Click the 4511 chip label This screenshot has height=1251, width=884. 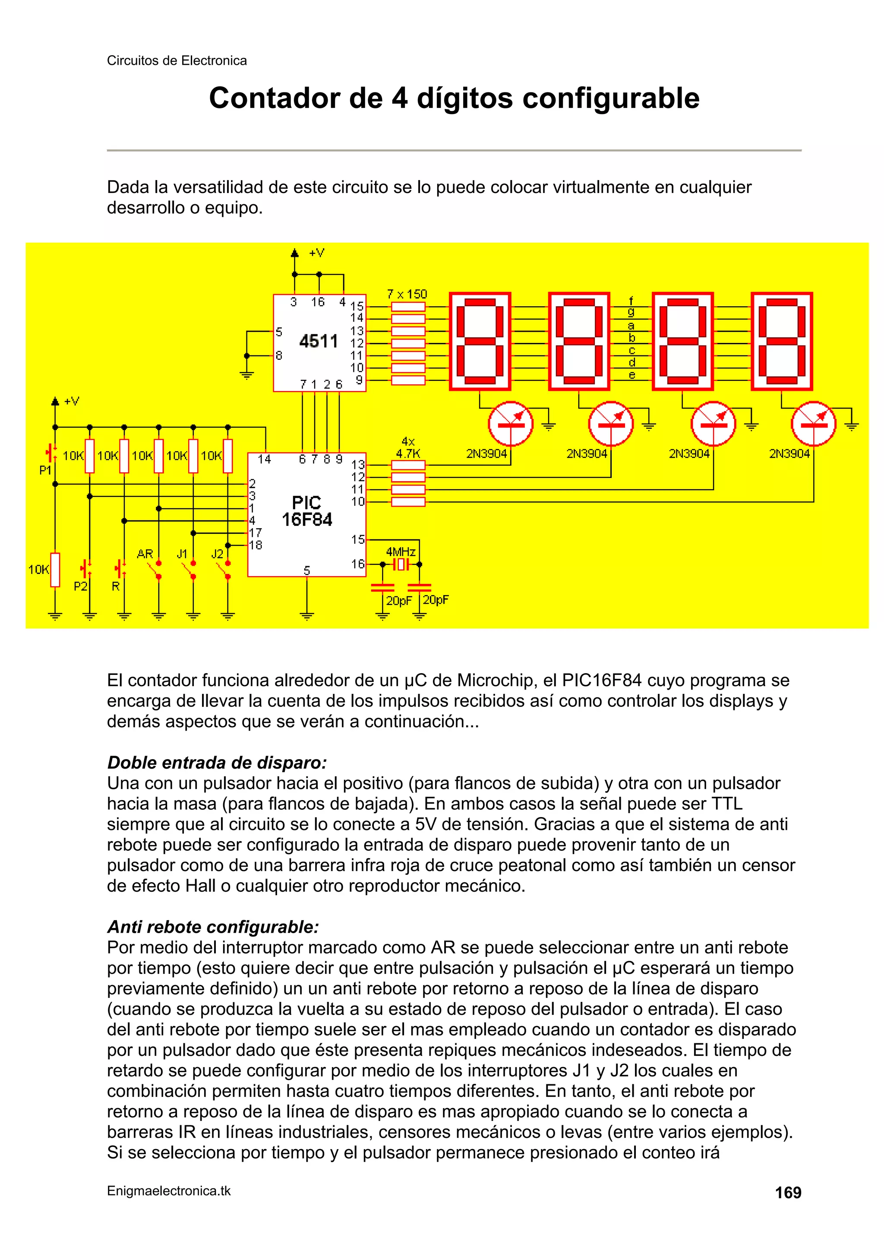[x=319, y=342]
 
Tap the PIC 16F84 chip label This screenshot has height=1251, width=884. [x=306, y=511]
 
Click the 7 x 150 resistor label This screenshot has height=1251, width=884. [x=407, y=294]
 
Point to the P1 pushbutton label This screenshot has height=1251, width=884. [x=46, y=470]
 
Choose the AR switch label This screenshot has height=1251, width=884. [x=145, y=554]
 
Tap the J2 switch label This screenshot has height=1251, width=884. [x=217, y=554]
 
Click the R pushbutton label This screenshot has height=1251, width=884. [x=116, y=587]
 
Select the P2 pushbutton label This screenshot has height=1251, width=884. [x=81, y=587]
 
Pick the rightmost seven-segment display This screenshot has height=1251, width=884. [x=782, y=341]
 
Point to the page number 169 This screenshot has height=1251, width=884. [x=788, y=1193]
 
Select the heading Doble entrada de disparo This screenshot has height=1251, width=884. [x=217, y=762]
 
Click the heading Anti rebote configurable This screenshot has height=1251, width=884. [x=213, y=926]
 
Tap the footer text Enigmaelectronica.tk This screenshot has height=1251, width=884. [x=169, y=1191]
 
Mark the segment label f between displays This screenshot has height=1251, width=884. [x=631, y=300]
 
